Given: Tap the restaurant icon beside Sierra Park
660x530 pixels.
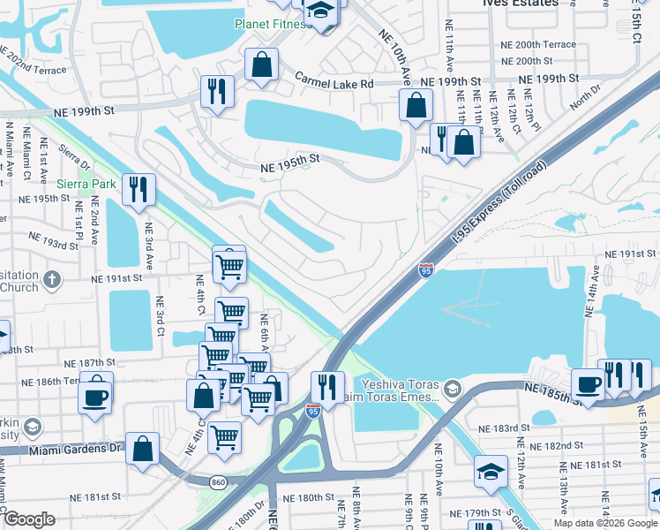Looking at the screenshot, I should point(139,189).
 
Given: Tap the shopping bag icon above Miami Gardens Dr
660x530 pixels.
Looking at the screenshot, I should point(142,449).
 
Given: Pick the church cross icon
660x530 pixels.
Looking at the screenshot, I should point(52,281).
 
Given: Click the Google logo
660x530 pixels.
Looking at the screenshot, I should point(29,519).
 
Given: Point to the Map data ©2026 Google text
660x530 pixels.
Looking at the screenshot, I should point(605,522).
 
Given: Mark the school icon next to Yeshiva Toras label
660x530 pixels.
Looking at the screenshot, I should point(453,389).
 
